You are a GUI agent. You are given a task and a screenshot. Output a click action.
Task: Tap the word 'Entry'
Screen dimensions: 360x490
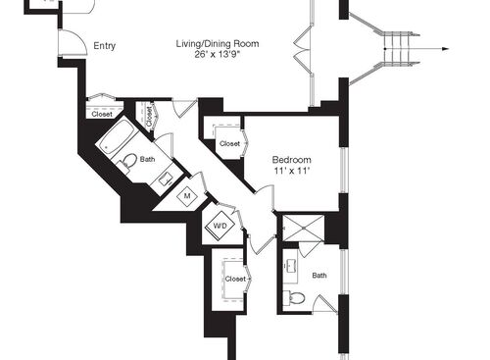click(104, 46)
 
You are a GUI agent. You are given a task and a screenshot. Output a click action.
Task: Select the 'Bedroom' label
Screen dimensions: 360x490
click(292, 160)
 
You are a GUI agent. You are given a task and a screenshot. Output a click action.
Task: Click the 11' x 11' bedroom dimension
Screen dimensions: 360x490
click(292, 172)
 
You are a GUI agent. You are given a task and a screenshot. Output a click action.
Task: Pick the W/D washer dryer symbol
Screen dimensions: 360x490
click(218, 227)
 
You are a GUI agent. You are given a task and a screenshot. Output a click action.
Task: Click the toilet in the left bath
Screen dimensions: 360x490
click(128, 162)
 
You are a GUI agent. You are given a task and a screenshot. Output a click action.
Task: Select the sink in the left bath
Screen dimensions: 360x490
click(168, 180)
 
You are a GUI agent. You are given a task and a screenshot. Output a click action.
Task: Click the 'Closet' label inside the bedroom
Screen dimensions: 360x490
click(229, 144)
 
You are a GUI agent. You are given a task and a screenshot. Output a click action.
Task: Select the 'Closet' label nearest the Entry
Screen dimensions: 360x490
click(102, 114)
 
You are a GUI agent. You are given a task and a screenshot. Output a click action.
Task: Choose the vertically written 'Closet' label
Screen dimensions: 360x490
click(149, 116)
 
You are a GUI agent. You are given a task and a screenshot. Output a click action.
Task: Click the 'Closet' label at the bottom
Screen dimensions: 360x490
click(235, 279)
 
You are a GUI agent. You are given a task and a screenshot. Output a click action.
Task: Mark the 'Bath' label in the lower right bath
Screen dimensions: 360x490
click(319, 276)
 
